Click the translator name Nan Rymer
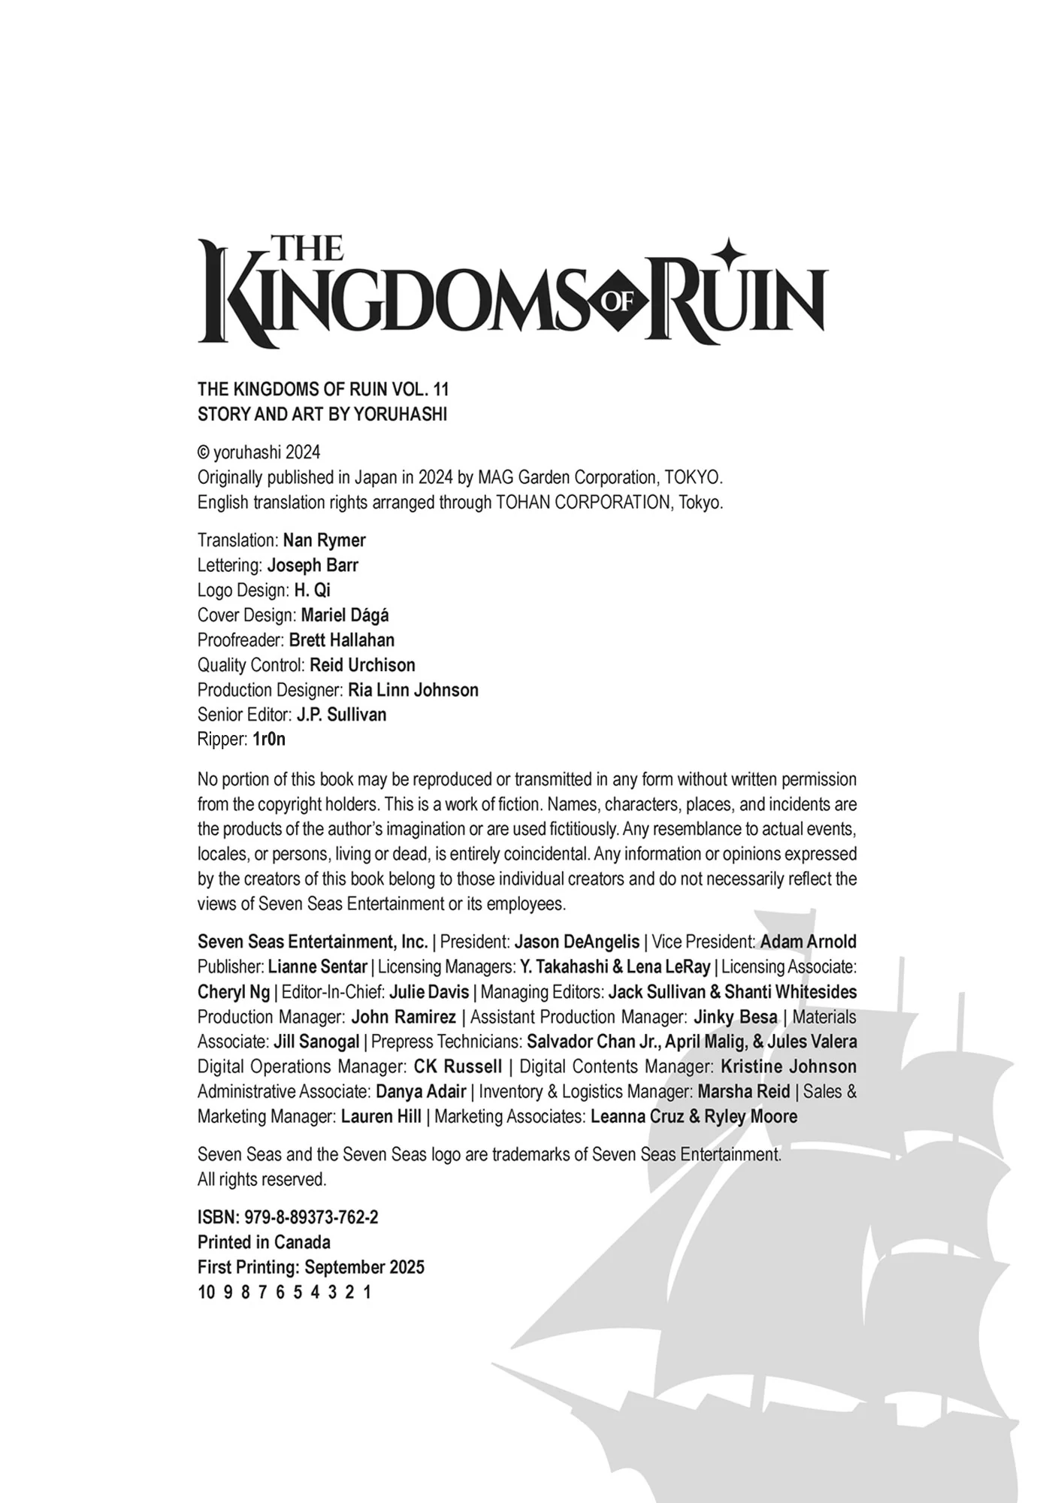click(324, 540)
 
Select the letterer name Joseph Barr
click(313, 565)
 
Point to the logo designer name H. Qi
click(312, 590)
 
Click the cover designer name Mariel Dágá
click(345, 615)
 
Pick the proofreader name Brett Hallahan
click(341, 640)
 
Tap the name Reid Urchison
click(362, 664)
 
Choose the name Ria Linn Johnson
click(413, 689)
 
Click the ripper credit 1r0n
click(269, 739)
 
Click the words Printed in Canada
click(264, 1241)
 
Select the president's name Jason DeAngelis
click(576, 942)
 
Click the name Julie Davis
click(429, 991)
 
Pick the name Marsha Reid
click(743, 1091)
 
